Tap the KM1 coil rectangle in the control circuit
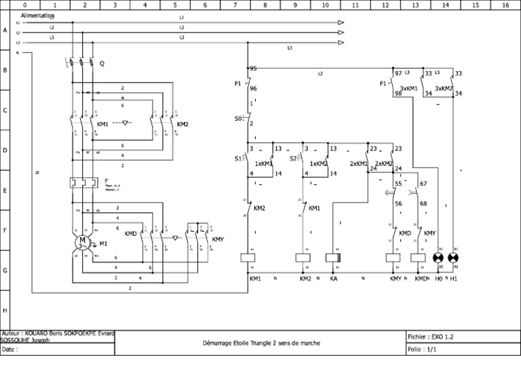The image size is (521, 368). [x=248, y=258]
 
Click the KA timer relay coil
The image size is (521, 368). [x=332, y=258]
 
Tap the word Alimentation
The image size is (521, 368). [x=37, y=15]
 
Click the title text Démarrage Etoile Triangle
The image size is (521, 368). [x=261, y=343]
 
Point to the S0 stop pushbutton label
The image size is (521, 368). [x=237, y=119]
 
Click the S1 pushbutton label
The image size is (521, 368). [x=237, y=159]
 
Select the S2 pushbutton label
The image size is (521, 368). [x=293, y=159]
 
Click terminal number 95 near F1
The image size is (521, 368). [x=253, y=68]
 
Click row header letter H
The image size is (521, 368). [x=5, y=310]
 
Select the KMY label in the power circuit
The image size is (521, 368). [x=217, y=239]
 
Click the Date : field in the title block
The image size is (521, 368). [x=10, y=350]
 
